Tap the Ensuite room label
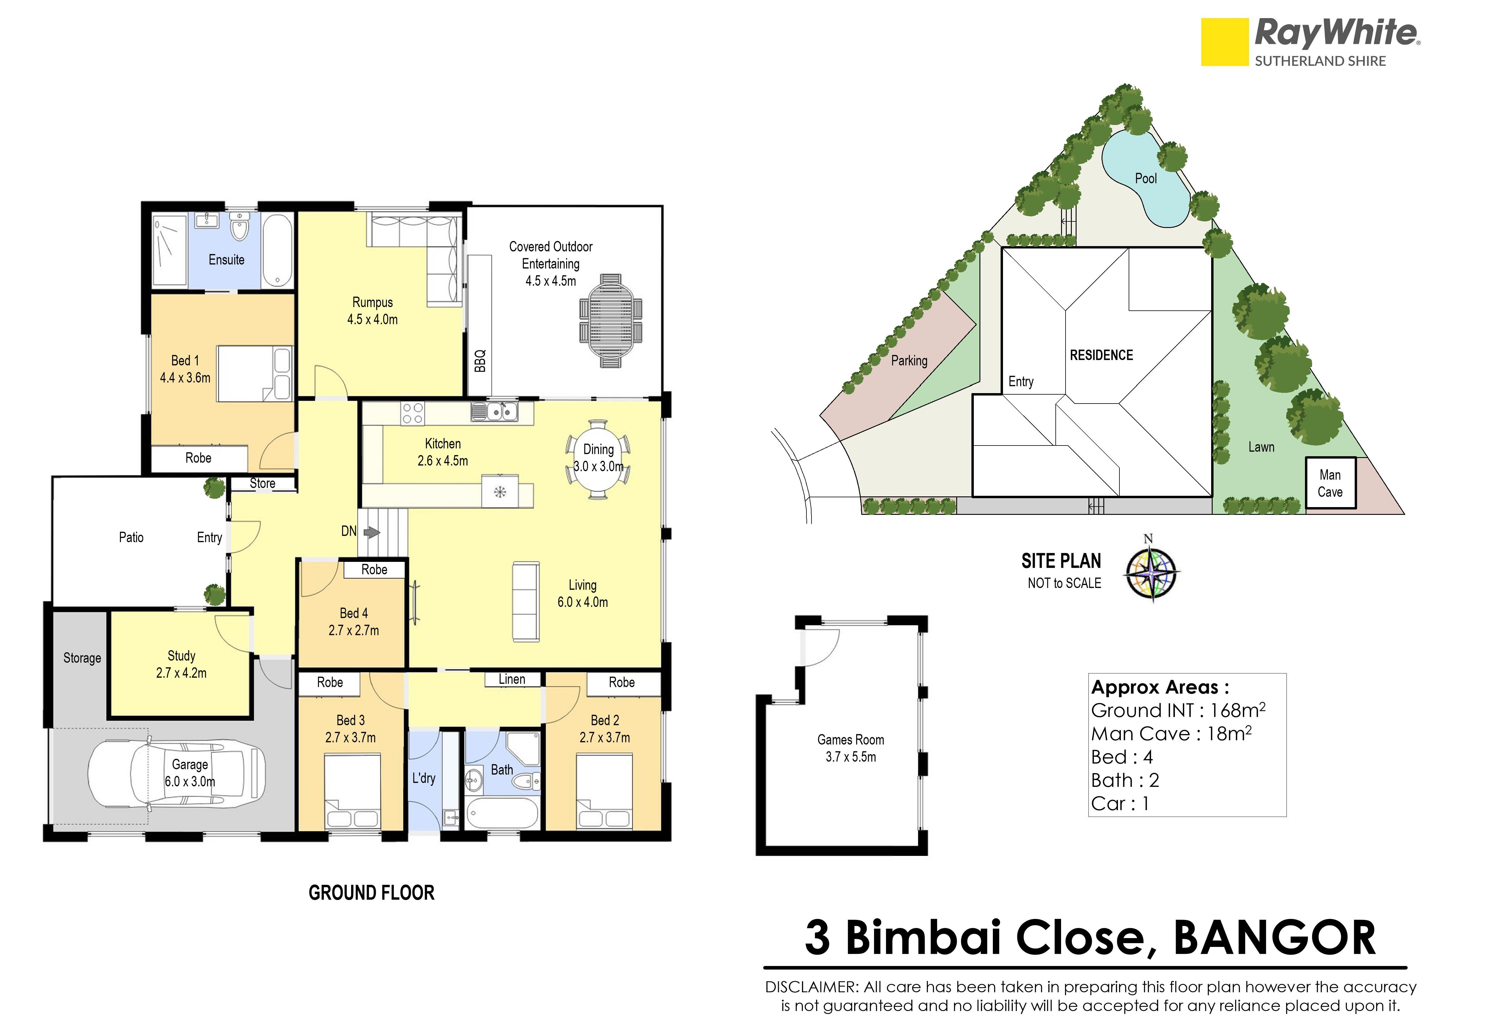click(x=227, y=260)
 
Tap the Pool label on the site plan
click(x=1146, y=178)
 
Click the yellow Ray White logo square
click(x=1225, y=42)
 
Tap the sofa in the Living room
click(x=525, y=602)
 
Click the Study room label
click(x=182, y=656)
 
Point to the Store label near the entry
click(x=263, y=483)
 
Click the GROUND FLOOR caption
click(x=371, y=892)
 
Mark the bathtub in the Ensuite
click(x=278, y=251)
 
